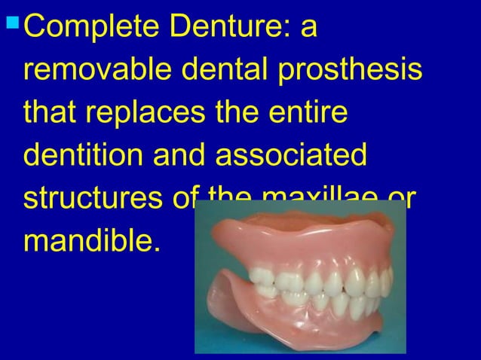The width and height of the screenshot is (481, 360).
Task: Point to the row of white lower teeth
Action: (332, 305)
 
